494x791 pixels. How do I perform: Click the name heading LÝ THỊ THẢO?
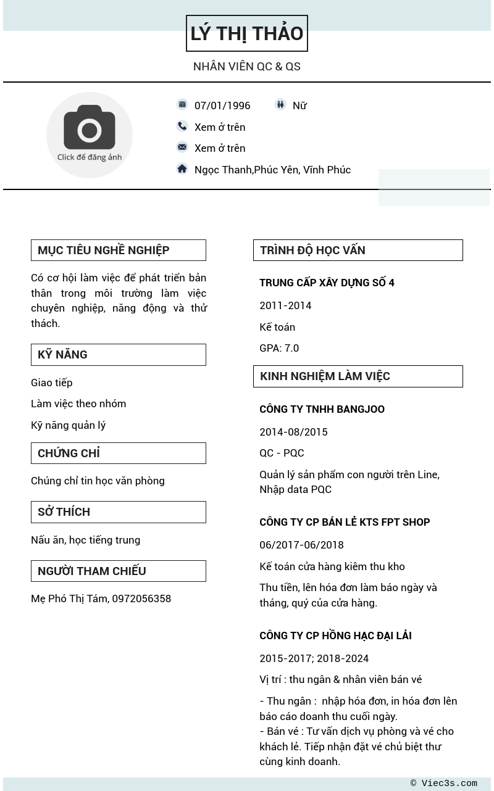246,33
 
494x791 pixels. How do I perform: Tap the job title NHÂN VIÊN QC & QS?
246,67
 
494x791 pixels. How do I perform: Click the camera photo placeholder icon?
90,128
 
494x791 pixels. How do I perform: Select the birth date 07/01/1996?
222,106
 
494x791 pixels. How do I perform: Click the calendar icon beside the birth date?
182,105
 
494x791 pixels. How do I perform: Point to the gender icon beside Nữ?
280,105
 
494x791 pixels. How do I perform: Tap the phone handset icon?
182,126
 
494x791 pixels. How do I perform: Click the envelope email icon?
182,147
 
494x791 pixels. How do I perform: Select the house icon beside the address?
182,168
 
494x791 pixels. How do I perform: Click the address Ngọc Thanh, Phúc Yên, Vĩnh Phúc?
272,170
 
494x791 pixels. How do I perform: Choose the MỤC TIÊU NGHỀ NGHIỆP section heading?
103,251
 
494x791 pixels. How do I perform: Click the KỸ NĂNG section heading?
62,355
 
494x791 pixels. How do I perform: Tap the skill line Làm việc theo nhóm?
78,404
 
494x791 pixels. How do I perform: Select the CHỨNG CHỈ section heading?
69,453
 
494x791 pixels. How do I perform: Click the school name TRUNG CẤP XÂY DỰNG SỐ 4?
327,283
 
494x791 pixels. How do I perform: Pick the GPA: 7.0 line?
279,348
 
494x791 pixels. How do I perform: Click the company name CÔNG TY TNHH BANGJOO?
322,409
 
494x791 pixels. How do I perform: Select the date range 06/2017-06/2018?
301,545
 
